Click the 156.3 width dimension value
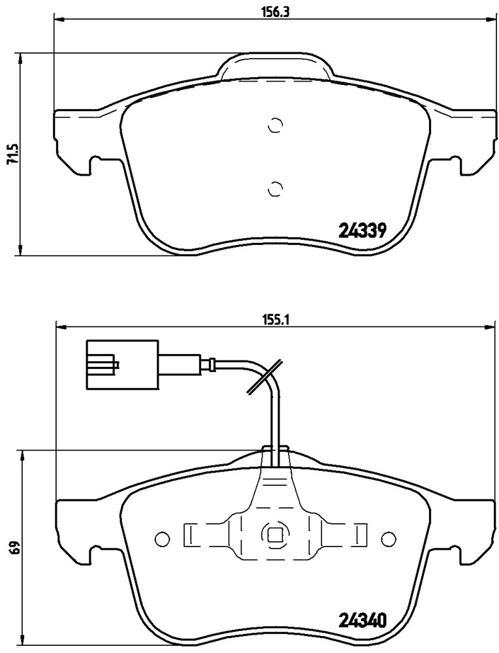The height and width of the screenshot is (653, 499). (x=275, y=11)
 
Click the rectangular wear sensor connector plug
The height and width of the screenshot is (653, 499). (x=122, y=365)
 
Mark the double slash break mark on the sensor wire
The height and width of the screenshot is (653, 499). (x=265, y=377)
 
